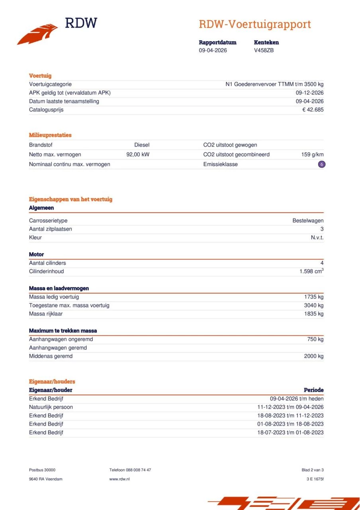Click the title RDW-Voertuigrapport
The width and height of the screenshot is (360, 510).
point(254,24)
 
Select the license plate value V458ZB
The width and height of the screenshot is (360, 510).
point(264,50)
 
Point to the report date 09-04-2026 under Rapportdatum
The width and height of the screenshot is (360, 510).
point(213,50)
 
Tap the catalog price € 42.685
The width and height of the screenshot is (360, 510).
point(313,110)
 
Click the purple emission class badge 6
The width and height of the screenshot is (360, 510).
point(321,164)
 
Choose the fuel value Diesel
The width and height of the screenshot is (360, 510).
point(142,145)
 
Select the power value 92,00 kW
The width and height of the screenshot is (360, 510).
point(138,154)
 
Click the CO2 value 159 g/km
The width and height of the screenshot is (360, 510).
point(312,154)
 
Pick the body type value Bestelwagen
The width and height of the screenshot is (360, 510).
point(308,220)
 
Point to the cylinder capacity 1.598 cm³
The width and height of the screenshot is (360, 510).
point(311,271)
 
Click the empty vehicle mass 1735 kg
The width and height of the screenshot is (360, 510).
point(314,297)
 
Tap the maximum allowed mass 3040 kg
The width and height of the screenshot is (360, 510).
point(314,305)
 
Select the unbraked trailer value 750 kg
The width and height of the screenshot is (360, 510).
point(315,339)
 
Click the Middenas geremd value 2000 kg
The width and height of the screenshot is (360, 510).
point(314,356)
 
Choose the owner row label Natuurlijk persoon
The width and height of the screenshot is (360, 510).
point(51,407)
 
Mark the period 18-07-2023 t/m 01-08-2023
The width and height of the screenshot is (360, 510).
point(290,432)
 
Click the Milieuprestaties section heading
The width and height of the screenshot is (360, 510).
point(50,135)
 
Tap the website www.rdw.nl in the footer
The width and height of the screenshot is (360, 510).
point(119,479)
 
